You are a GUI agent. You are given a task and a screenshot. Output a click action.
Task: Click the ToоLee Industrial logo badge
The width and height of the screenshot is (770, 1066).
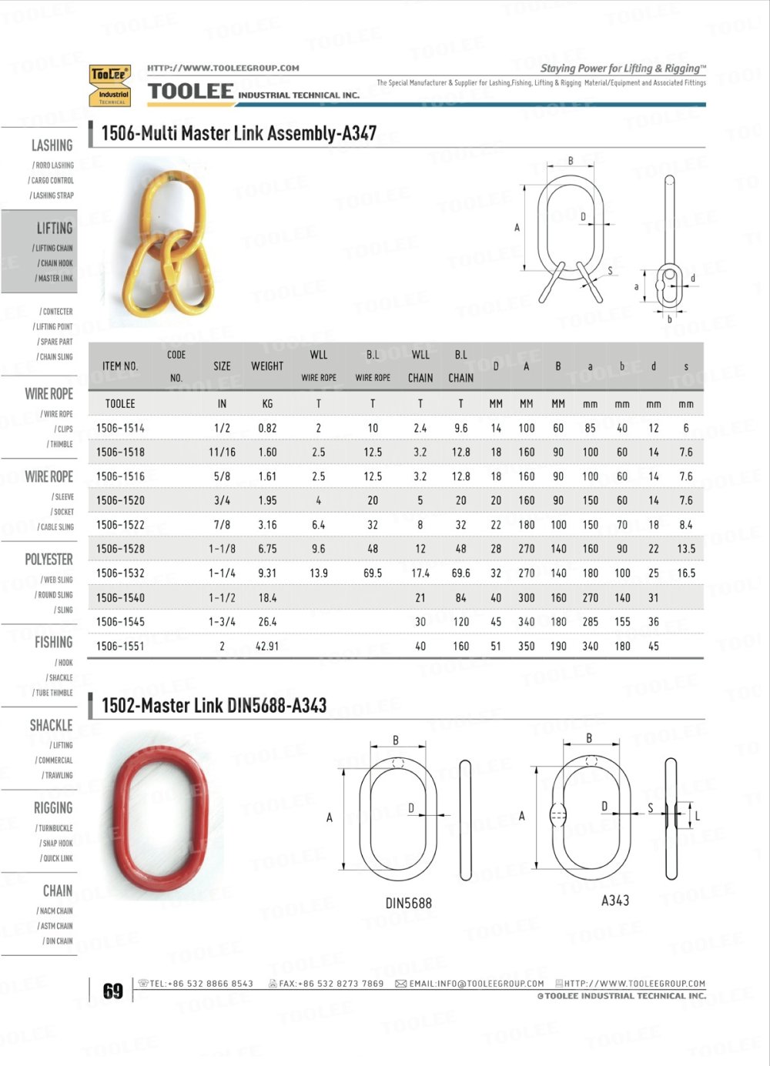tap(110, 85)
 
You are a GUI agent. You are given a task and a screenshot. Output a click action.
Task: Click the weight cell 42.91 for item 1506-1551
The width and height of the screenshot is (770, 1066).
tap(267, 647)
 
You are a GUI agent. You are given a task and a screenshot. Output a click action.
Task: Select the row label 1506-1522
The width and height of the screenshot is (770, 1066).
tap(120, 525)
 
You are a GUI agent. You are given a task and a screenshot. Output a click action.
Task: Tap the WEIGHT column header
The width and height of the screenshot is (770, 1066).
tap(267, 366)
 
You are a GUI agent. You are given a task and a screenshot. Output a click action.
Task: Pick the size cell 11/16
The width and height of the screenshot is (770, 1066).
tap(222, 452)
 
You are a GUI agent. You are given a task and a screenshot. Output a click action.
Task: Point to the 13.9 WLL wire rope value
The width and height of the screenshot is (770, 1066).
tap(319, 573)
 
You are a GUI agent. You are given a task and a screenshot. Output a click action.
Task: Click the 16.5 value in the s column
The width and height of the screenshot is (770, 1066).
tap(686, 573)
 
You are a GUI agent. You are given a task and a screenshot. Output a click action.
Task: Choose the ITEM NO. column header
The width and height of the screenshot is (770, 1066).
tap(120, 366)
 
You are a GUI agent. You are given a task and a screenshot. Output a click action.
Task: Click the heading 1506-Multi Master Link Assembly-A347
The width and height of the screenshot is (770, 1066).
tap(239, 133)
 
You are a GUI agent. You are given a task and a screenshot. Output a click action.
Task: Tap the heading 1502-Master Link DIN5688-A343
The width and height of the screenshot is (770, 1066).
tap(214, 705)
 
